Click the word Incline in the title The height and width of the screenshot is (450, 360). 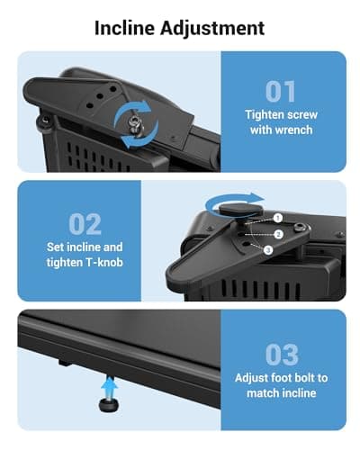point(124,28)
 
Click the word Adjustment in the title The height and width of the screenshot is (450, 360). point(212,29)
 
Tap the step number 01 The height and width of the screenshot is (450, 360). point(281,92)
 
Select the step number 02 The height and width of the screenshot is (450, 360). point(85,224)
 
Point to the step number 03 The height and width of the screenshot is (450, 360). point(282,355)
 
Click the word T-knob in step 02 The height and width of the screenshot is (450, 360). point(104,262)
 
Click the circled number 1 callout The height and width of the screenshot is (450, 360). point(278,218)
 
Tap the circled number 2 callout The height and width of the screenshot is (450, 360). point(279,234)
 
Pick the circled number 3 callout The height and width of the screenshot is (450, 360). point(268,249)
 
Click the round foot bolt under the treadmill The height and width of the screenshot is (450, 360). point(108,404)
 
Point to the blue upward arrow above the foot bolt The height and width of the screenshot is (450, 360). point(109,387)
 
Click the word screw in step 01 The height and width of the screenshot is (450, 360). point(302,115)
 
